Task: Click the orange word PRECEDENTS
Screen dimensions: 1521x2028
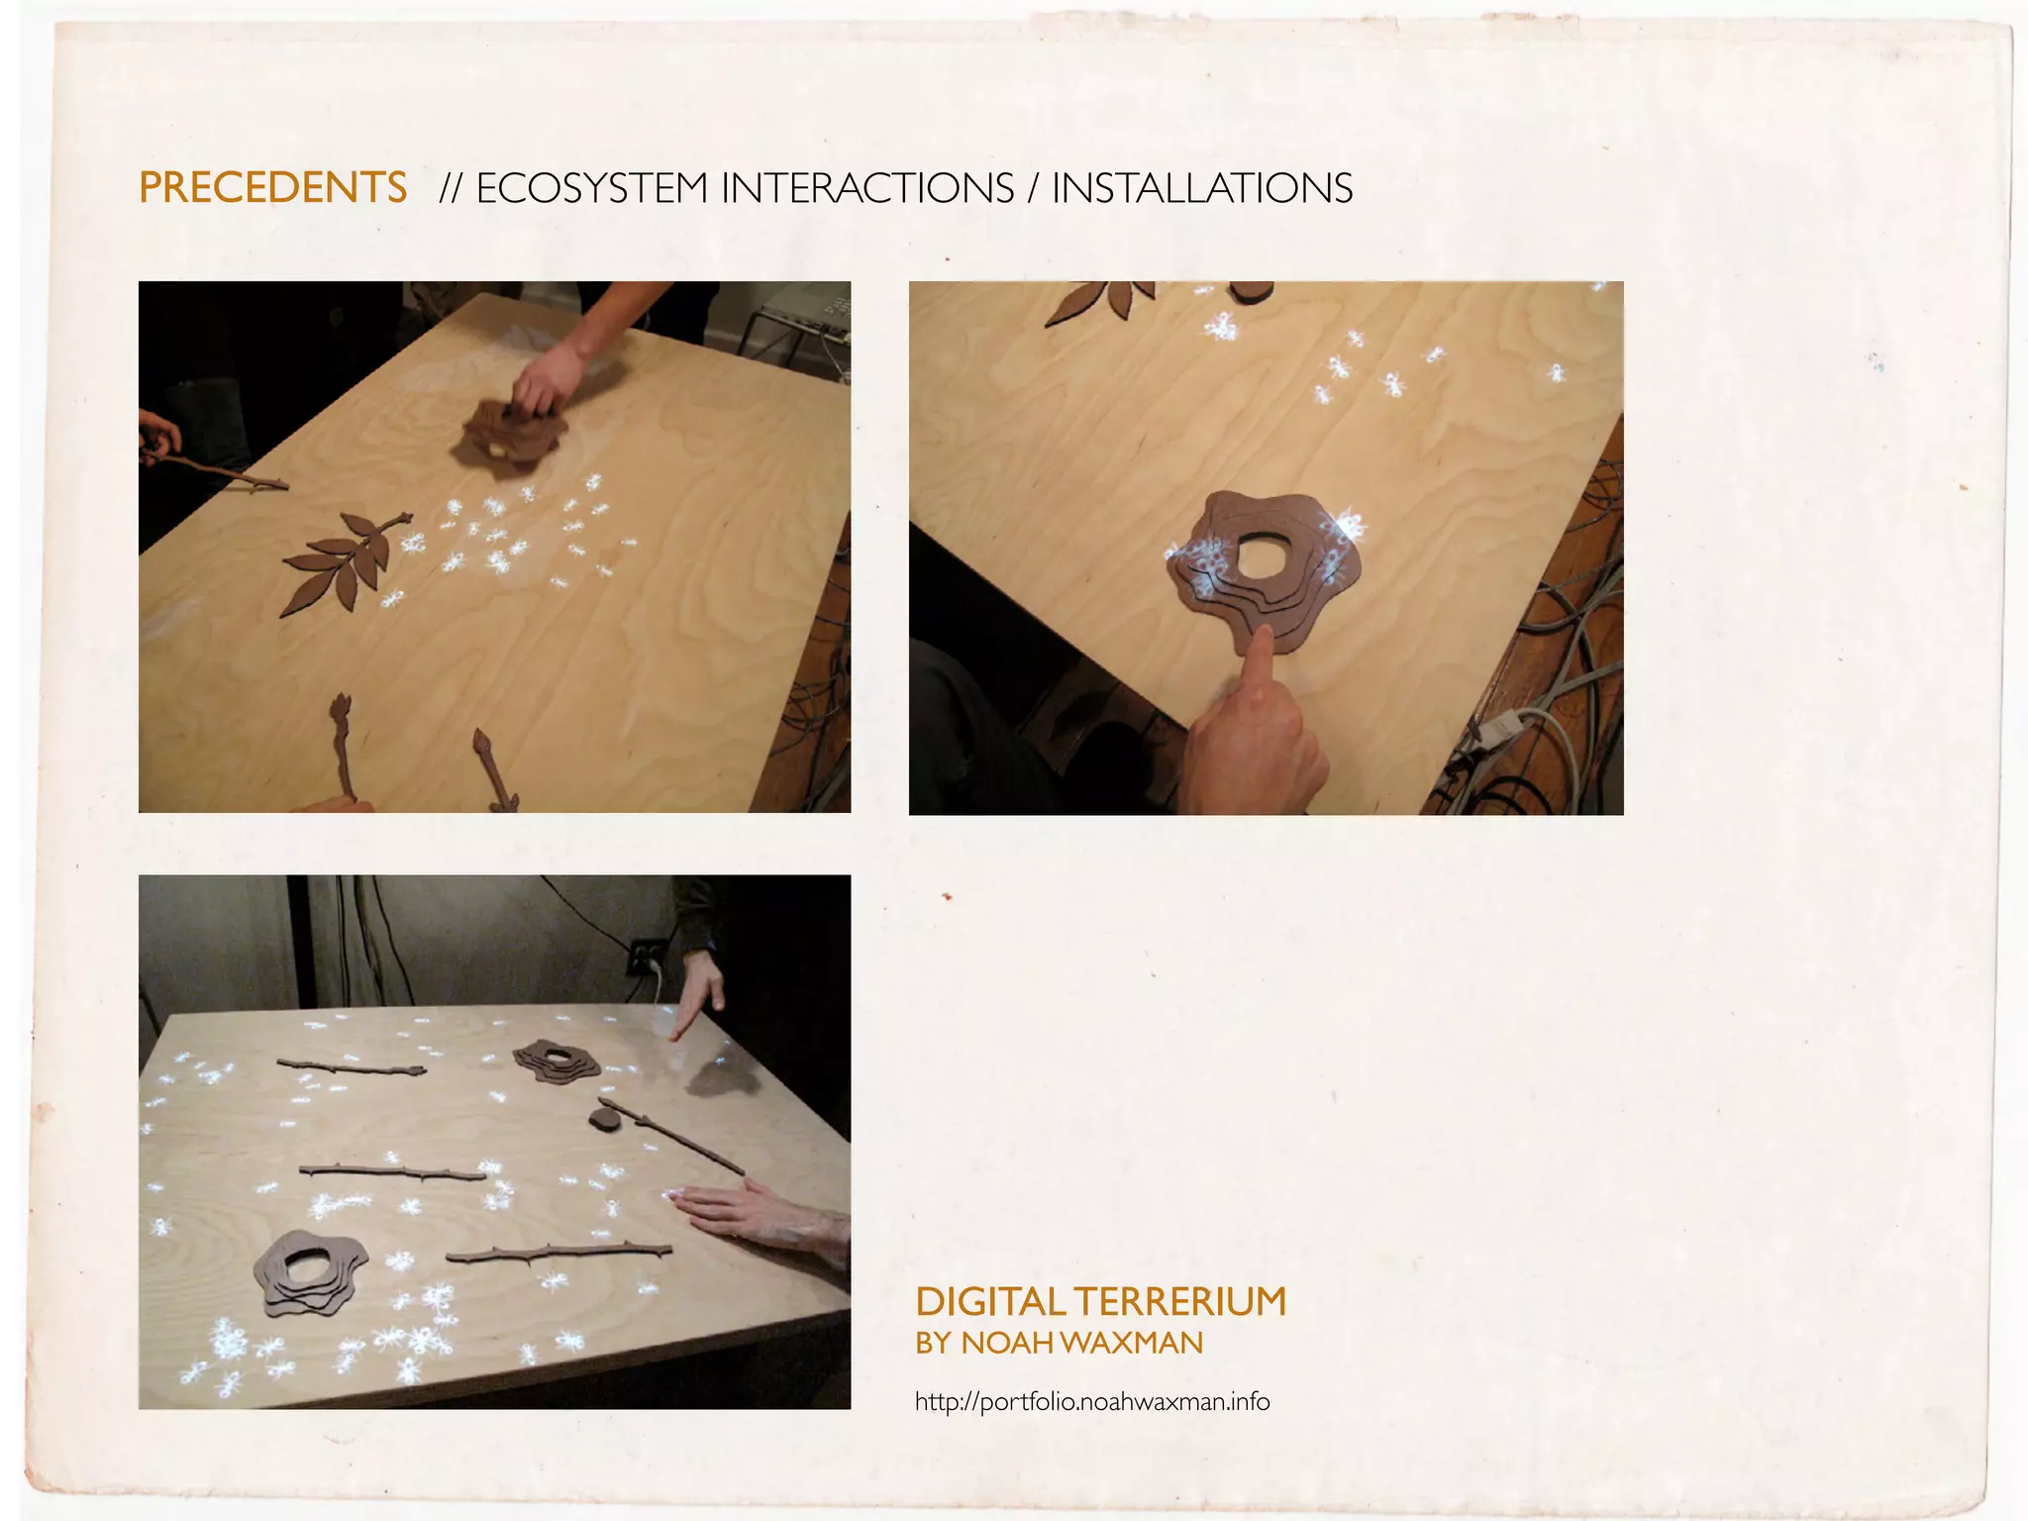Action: [272, 188]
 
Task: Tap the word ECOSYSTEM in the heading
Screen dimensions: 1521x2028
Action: [591, 188]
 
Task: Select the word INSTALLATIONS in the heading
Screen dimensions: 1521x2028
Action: [1201, 188]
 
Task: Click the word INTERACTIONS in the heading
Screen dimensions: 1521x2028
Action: [867, 188]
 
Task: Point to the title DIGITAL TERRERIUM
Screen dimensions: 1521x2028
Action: [1100, 1301]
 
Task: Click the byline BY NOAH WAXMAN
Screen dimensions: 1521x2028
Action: [1059, 1344]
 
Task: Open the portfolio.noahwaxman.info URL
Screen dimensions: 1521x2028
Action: [1091, 1402]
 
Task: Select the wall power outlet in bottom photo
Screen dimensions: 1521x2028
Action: [646, 957]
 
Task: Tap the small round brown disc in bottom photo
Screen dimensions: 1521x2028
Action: [603, 1119]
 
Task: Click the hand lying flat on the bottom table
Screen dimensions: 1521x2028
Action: [753, 1212]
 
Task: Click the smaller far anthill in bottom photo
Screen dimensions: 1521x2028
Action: [556, 1062]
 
